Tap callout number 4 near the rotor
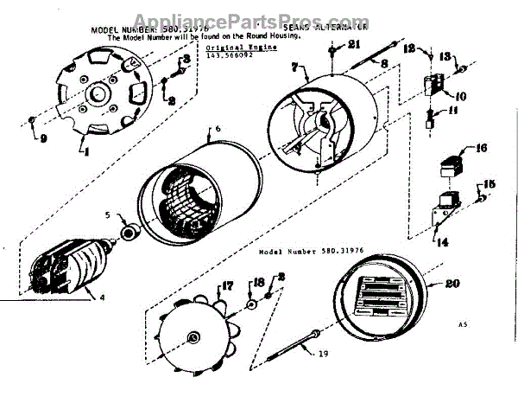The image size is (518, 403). (x=103, y=299)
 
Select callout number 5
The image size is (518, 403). (x=108, y=215)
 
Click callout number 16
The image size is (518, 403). (x=481, y=149)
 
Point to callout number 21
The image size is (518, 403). (x=352, y=45)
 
